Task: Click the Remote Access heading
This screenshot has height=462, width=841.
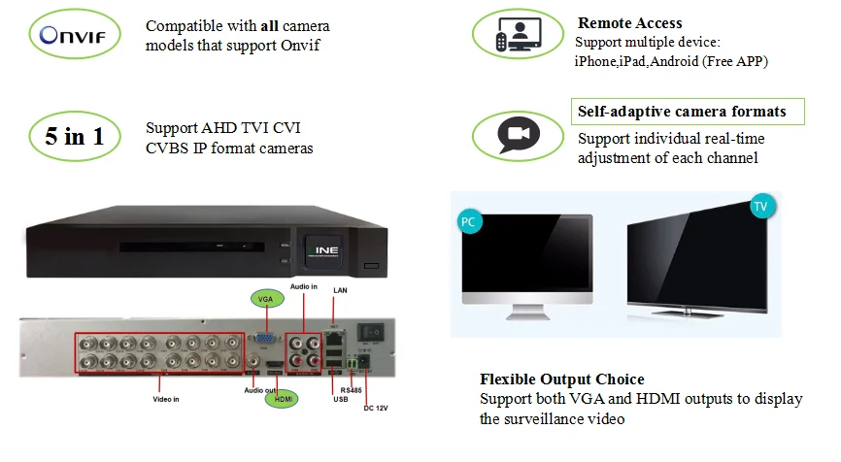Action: pos(629,22)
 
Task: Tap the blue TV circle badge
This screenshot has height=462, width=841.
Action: pos(762,207)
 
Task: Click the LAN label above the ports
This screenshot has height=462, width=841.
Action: pos(340,290)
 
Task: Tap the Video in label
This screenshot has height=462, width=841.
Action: pos(166,398)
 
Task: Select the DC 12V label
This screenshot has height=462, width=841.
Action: pos(377,407)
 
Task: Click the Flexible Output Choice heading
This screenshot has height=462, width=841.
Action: pos(561,379)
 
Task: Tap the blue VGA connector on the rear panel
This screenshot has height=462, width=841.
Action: pos(262,340)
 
